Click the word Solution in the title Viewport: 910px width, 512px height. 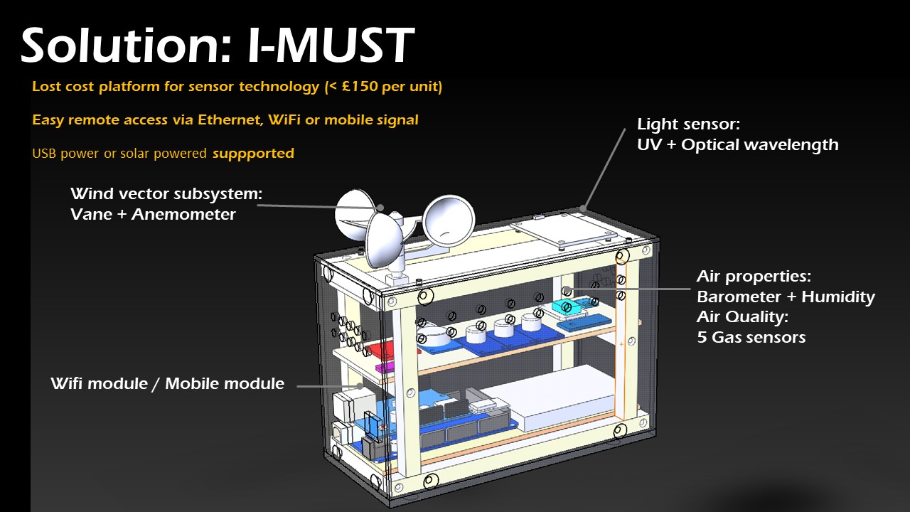(x=117, y=46)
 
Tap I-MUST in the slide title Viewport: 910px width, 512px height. (x=331, y=46)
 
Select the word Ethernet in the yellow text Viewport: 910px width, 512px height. (x=229, y=120)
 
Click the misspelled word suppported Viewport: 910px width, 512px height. (x=253, y=153)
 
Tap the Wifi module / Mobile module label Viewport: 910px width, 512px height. (x=167, y=384)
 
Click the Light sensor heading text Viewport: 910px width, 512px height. (x=688, y=124)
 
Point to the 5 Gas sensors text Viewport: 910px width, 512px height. (x=751, y=337)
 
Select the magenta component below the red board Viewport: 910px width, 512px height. (x=385, y=368)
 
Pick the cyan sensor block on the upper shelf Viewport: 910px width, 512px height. (x=567, y=308)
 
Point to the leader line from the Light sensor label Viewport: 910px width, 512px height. (x=604, y=167)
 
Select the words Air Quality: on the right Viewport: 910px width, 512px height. (x=742, y=316)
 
